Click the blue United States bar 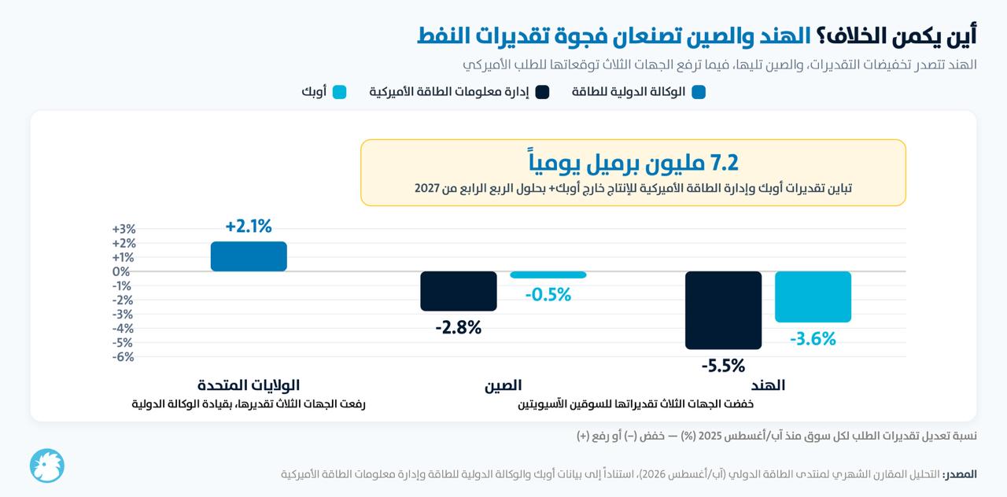point(249,256)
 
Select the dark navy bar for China point(459,291)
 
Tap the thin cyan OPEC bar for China point(548,274)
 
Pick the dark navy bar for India point(723,310)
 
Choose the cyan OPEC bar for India point(813,296)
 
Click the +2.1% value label point(249,226)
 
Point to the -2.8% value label point(459,328)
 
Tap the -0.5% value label point(548,295)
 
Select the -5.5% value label point(723,366)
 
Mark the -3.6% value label point(813,339)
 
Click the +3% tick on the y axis point(124,229)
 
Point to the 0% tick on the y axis point(121,271)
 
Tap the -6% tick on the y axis point(124,357)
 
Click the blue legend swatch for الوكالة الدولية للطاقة point(699,92)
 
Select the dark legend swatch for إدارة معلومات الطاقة point(542,92)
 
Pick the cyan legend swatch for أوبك point(339,92)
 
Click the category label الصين point(503,385)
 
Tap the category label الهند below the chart point(768,385)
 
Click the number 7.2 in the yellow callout point(724,163)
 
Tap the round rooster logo point(47,466)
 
